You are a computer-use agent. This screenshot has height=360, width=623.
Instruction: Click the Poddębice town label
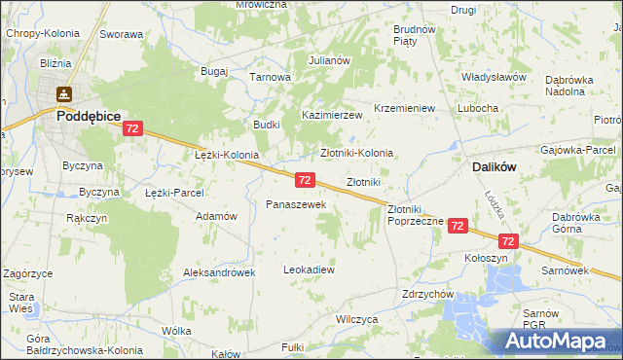click(88, 115)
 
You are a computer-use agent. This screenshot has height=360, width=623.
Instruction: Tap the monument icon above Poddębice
click(65, 94)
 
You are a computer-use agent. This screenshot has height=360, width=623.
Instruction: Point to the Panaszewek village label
click(289, 204)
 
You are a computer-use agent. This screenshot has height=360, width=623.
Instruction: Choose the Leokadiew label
click(309, 269)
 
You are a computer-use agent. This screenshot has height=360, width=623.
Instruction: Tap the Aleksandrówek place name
click(219, 273)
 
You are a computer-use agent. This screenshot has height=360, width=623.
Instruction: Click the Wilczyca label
click(355, 318)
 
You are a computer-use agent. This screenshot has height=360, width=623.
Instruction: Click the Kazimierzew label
click(331, 115)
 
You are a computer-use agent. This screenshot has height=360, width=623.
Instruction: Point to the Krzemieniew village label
click(404, 108)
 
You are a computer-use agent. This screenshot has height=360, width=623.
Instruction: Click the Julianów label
click(329, 60)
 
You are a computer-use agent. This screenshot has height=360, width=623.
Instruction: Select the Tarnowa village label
click(271, 77)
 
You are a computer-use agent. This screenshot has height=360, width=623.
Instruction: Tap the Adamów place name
click(217, 216)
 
